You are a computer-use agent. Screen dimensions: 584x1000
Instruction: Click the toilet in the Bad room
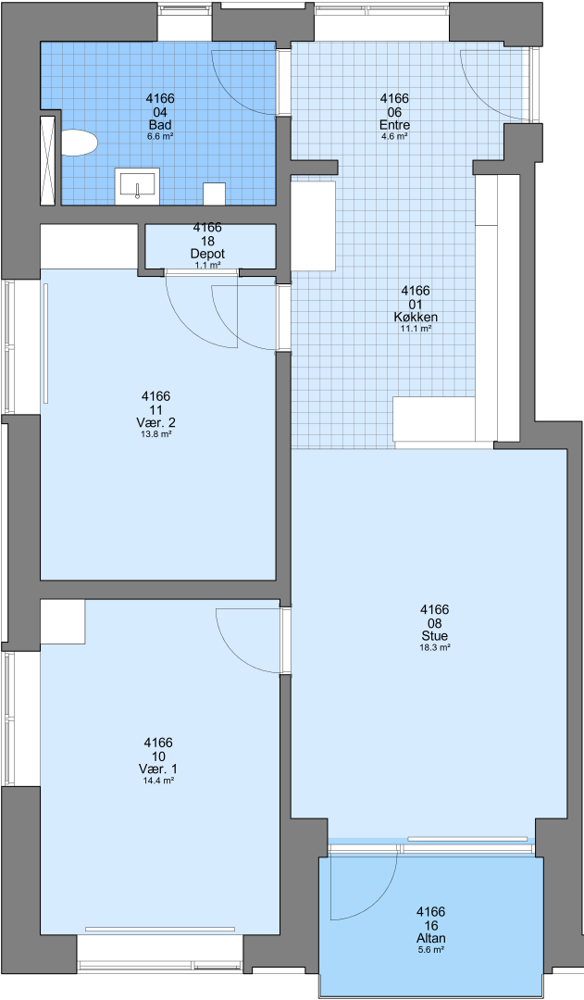tap(79, 143)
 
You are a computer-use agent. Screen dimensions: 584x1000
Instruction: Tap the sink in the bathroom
tap(137, 186)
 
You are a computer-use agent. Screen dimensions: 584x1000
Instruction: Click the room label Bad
tap(160, 124)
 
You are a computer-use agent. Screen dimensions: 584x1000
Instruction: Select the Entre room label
tap(394, 124)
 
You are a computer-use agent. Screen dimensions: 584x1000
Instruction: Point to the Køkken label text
tap(416, 317)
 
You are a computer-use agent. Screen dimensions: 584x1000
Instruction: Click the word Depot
tap(208, 254)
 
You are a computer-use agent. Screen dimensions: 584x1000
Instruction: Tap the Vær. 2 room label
tap(156, 423)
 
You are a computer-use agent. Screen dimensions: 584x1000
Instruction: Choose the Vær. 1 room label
tap(158, 769)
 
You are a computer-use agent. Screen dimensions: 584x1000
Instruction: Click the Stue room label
tap(435, 636)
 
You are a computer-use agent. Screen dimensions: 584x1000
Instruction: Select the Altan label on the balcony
tap(431, 938)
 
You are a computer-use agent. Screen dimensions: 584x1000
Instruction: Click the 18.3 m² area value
tap(435, 647)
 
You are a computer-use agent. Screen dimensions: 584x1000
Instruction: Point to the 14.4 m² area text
tap(158, 780)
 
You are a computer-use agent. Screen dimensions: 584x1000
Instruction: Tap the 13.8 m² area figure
tap(156, 434)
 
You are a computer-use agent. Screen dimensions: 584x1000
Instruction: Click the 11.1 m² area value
tap(416, 329)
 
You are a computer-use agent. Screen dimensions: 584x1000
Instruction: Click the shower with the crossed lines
tap(48, 161)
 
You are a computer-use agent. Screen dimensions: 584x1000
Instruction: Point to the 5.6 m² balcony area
tap(431, 950)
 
